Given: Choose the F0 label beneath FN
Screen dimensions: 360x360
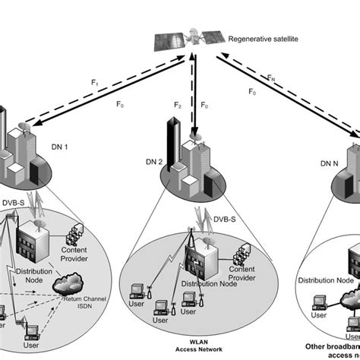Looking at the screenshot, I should (252, 92).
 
